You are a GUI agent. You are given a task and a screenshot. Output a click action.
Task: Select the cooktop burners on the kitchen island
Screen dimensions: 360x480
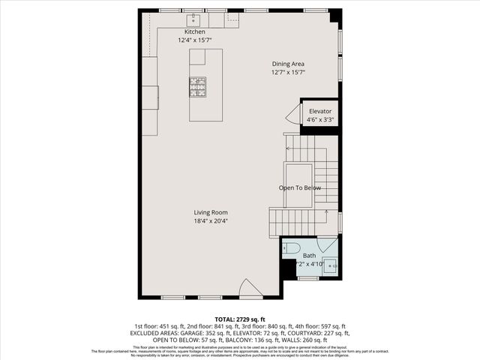(197, 87)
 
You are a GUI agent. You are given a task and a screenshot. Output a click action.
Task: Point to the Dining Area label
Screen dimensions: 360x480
(287, 64)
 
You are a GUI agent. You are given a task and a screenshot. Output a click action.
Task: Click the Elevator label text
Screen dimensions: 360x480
(320, 111)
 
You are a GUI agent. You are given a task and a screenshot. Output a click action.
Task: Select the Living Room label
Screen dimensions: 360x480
(211, 212)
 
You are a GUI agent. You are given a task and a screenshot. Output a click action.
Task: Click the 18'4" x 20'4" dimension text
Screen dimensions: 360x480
(211, 221)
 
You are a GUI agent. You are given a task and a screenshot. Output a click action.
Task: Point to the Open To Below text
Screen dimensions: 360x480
(300, 187)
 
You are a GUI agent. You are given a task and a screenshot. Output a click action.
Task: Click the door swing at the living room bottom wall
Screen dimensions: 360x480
(250, 288)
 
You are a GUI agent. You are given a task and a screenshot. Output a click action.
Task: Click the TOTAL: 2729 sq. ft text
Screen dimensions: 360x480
(240, 319)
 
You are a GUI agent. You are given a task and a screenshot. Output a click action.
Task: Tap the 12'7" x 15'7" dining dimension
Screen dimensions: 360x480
(289, 72)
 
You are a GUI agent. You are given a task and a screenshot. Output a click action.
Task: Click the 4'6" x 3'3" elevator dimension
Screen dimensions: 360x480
(320, 119)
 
